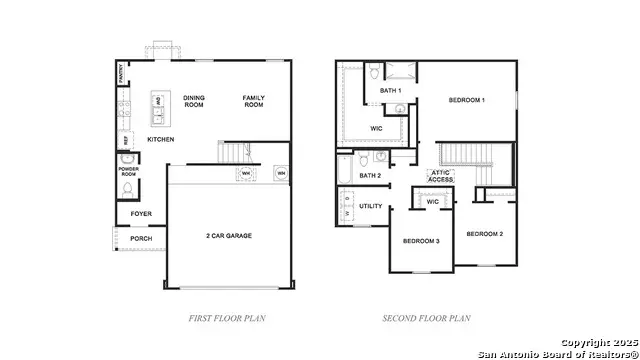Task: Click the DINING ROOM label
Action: (x=194, y=101)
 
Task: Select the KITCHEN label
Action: (x=161, y=139)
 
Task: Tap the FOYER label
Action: (x=141, y=213)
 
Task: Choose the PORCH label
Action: (x=141, y=238)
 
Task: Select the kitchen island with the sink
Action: (x=159, y=108)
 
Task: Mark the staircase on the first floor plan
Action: (x=233, y=152)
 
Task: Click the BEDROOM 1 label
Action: (x=466, y=100)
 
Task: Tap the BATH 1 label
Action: (x=390, y=91)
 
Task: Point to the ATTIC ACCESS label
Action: (x=442, y=175)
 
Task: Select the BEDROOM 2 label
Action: (x=486, y=233)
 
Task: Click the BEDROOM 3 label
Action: (x=422, y=241)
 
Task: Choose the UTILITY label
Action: (x=371, y=206)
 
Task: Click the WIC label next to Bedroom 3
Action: (x=433, y=202)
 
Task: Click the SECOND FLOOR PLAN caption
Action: (x=426, y=318)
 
